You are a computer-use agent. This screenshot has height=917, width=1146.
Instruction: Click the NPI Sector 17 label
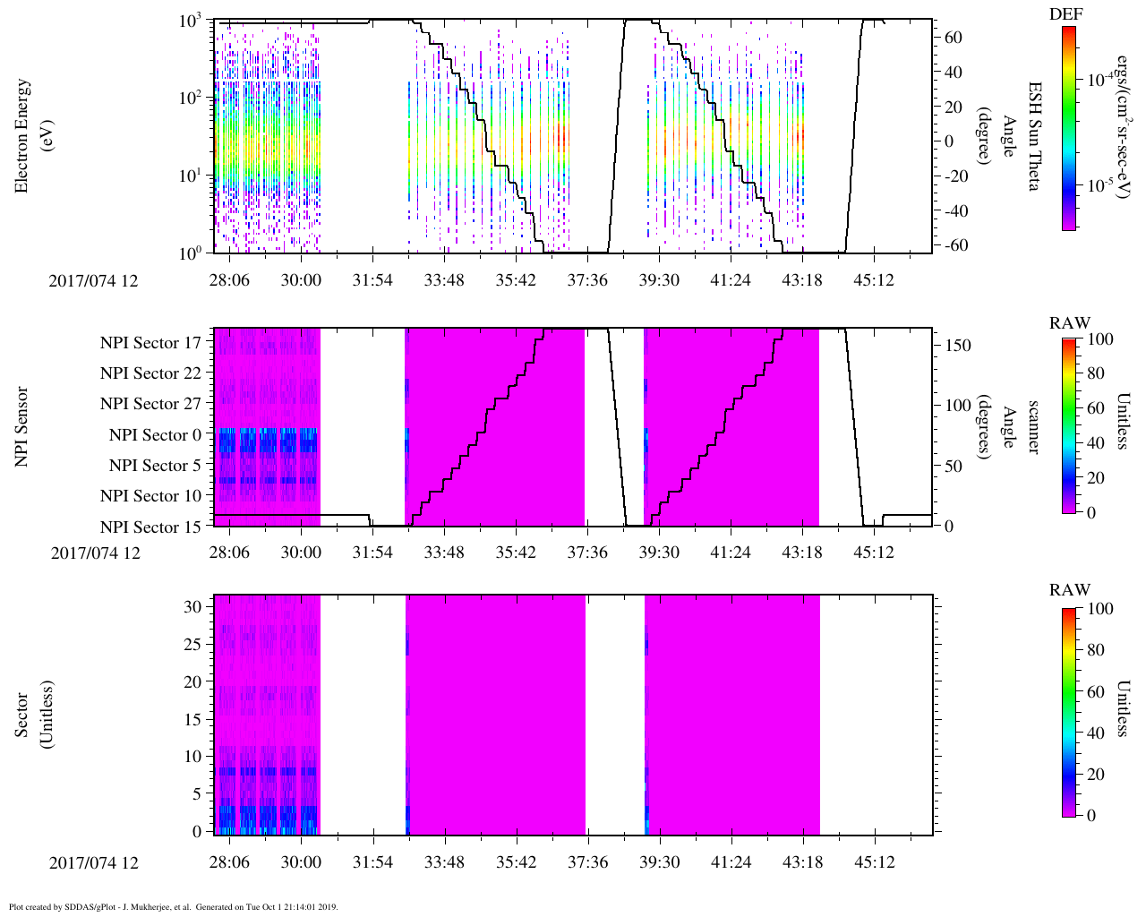[x=150, y=343]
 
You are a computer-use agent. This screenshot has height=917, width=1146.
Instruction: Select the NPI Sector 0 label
[x=155, y=435]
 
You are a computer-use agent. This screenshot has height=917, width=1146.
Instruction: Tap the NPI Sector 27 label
[x=150, y=404]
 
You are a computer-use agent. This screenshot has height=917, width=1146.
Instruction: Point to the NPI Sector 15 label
[x=150, y=527]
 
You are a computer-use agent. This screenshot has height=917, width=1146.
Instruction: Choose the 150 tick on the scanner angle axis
[x=958, y=346]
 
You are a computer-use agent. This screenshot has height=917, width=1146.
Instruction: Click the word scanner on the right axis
[x=1033, y=427]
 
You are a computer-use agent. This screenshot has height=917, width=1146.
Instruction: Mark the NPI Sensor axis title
[x=22, y=426]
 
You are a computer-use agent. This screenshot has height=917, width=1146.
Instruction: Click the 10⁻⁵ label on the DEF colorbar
[x=1099, y=186]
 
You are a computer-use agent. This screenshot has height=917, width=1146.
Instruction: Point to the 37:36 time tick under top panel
[x=587, y=280]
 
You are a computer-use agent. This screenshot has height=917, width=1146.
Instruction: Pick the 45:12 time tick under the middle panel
[x=874, y=553]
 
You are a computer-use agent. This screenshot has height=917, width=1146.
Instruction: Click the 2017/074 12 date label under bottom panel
[x=94, y=863]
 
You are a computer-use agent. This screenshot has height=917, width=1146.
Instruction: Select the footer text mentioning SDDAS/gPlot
[x=173, y=906]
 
